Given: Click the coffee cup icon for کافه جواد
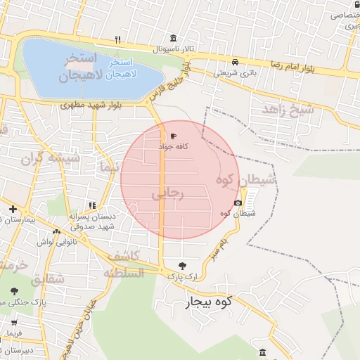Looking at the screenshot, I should (x=174, y=136).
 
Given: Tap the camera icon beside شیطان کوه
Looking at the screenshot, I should (x=238, y=203).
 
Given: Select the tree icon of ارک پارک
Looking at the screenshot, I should (x=184, y=266).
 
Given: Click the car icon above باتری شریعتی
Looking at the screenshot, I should (x=235, y=61).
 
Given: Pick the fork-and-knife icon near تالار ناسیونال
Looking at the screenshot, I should (x=119, y=39).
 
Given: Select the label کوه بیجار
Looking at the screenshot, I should (x=209, y=304).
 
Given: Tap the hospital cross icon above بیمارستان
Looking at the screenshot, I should (x=12, y=209).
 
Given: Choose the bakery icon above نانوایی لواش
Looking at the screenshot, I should (x=57, y=231).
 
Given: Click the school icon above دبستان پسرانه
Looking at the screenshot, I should (x=91, y=205).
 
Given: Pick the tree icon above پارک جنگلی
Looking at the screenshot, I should (x=13, y=290).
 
